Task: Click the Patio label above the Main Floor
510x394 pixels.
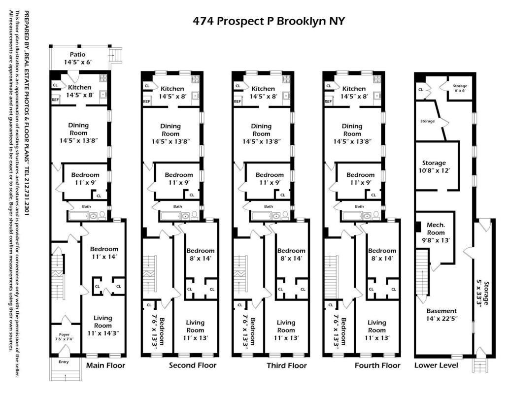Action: (x=78, y=58)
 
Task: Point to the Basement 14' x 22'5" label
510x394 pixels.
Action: (x=442, y=315)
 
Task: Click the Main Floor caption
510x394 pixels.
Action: (x=105, y=365)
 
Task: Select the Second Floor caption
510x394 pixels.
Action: (x=193, y=365)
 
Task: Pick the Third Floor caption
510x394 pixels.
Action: (x=287, y=365)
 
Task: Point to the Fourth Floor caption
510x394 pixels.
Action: (x=377, y=365)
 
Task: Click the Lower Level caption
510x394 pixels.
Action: (x=436, y=365)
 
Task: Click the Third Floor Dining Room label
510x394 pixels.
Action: (x=261, y=133)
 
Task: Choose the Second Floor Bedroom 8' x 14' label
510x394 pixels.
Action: (x=201, y=254)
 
